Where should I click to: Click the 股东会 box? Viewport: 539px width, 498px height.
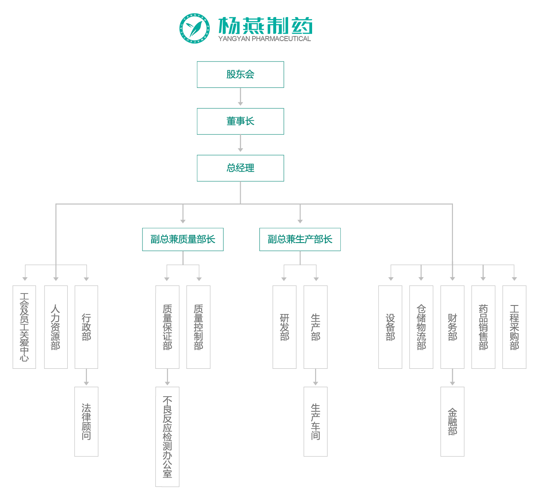click(240, 74)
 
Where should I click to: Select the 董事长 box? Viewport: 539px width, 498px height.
click(240, 121)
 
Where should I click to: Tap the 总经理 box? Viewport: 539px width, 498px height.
click(240, 168)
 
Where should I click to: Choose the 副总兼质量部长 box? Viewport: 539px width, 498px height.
click(183, 239)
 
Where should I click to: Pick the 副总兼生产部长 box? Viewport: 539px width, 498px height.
click(300, 239)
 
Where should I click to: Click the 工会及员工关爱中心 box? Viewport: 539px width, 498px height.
click(24, 327)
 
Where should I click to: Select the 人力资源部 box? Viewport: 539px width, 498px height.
click(56, 327)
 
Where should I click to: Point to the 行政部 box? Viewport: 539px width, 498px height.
click(86, 327)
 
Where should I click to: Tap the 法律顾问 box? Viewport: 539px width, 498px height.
click(86, 421)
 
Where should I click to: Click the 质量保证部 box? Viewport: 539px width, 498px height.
click(167, 327)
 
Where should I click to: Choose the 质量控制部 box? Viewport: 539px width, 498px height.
click(198, 327)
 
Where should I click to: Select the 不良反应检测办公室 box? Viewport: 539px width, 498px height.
click(167, 436)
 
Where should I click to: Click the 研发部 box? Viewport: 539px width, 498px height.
click(284, 327)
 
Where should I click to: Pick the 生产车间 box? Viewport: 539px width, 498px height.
click(316, 421)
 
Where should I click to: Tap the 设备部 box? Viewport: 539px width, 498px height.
click(390, 327)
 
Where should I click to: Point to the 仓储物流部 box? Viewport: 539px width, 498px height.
click(421, 327)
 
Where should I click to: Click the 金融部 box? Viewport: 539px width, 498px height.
click(453, 421)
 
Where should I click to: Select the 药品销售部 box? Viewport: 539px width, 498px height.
click(483, 327)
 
